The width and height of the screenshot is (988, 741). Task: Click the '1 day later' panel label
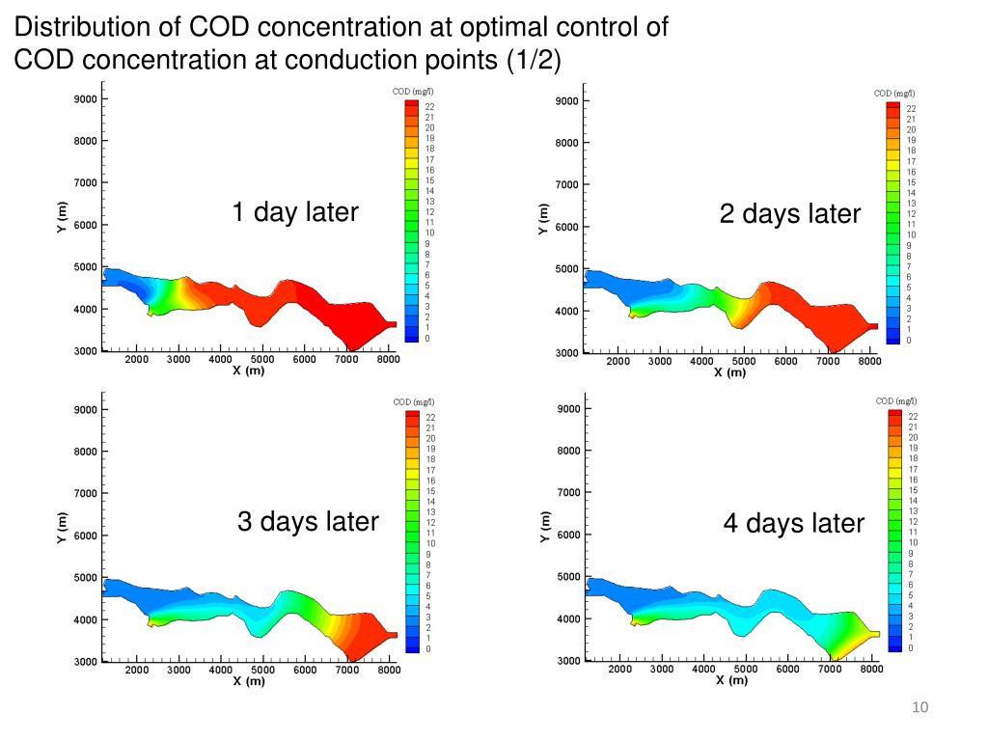coord(294,212)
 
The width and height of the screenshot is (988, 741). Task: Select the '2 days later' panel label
coord(789,214)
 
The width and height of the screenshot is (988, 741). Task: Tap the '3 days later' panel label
coord(308,522)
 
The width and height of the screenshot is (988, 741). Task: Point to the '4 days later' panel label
coord(794,524)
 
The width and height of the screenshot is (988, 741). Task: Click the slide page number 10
coord(919,709)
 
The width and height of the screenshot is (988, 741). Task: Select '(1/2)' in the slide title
coord(533,60)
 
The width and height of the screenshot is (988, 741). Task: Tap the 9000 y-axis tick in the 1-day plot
coord(85,98)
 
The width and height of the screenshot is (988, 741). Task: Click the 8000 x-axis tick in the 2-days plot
coord(869,362)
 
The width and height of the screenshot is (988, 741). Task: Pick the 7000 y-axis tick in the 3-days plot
coord(85,493)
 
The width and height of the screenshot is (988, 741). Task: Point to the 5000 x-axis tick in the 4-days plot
coord(746,669)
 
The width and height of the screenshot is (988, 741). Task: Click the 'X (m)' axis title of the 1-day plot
coord(248,370)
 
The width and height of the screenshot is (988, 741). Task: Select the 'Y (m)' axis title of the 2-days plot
coord(543,219)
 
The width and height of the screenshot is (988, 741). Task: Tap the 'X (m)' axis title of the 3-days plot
coord(248,681)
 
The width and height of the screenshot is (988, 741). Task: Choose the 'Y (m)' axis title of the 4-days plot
coord(545,527)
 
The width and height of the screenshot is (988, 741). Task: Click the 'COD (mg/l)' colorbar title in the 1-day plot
coord(412,92)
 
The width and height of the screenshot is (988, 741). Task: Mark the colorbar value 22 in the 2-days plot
coord(911,109)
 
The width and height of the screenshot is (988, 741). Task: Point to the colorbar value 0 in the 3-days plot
coord(429,649)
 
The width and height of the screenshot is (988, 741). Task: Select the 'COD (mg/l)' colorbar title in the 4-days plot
coord(895,400)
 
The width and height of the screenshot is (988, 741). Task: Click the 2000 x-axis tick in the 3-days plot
coord(136,670)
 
